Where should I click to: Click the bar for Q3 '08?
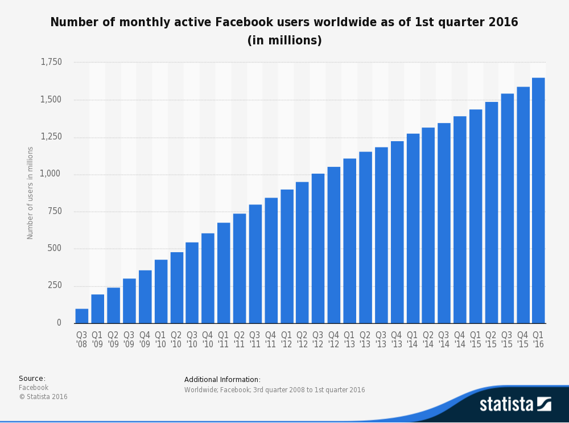coord(82,316)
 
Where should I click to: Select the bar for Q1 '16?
coord(538,200)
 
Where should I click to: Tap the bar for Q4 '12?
coord(333,245)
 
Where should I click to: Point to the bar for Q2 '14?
coord(428,225)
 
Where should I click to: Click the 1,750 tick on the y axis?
coord(51,62)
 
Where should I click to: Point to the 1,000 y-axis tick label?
coord(51,174)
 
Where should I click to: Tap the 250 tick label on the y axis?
coord(55,285)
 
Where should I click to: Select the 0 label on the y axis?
coord(59,323)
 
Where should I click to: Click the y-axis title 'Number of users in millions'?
coord(31,192)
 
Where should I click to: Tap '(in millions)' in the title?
coord(284,40)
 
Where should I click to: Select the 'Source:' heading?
coord(32,379)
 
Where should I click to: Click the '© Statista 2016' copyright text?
coord(43,397)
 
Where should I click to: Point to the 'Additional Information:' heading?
coord(222,380)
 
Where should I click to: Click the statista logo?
coord(514,404)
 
